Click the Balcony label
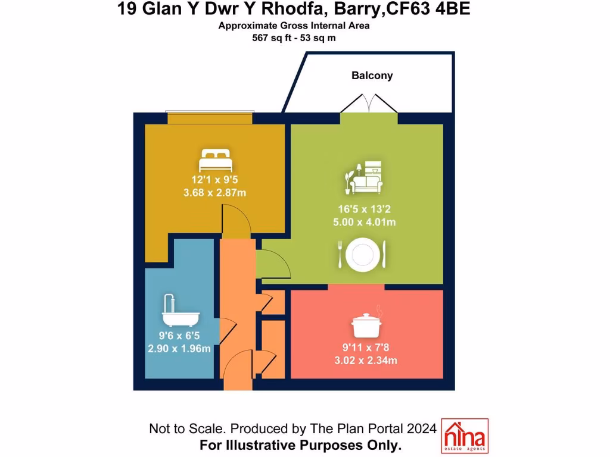tap(372, 76)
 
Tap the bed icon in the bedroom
tap(215, 161)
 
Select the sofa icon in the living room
tap(365, 178)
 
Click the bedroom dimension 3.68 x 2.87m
tap(215, 193)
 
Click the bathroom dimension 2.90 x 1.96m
tap(179, 348)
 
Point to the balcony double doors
tap(369, 105)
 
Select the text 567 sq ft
tap(272, 37)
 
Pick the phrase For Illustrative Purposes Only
tap(301, 445)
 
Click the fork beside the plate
tap(340, 254)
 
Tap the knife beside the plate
tap(384, 254)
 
